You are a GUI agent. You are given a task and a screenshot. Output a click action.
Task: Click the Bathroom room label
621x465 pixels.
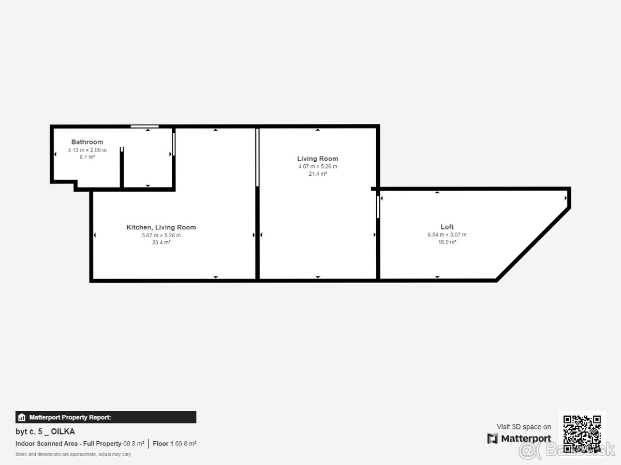(x=87, y=142)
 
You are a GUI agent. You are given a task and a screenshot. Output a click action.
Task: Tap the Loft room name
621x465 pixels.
(x=447, y=227)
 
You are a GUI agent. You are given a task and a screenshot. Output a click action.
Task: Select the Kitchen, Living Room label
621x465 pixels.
(x=161, y=227)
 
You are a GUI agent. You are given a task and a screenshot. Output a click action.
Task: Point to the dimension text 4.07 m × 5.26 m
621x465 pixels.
(x=318, y=166)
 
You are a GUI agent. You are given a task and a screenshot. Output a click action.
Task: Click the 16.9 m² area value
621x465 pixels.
(x=447, y=242)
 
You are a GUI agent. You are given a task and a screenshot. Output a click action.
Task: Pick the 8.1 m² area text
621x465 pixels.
(x=87, y=157)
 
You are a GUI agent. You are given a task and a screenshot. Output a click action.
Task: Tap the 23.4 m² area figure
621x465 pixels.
(x=161, y=242)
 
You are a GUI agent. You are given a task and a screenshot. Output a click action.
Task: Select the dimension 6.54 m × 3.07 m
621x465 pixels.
(x=447, y=235)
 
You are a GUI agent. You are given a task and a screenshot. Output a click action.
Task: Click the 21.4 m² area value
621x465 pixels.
(x=318, y=174)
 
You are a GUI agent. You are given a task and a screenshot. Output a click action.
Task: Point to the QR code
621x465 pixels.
(x=582, y=434)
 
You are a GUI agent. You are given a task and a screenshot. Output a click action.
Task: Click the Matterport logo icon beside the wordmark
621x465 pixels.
(x=493, y=439)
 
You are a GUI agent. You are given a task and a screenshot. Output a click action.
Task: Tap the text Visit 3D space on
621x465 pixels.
(x=524, y=427)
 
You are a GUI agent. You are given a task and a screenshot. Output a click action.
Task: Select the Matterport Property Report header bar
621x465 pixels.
(x=106, y=417)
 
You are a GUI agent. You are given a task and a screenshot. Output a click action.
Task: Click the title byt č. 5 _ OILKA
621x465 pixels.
(x=45, y=431)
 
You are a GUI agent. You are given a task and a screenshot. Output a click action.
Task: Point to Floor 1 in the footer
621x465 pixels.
(x=163, y=443)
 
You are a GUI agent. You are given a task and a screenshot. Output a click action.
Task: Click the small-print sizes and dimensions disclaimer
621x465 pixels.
(x=73, y=454)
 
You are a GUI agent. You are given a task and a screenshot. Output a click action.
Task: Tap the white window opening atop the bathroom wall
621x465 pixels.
(x=144, y=126)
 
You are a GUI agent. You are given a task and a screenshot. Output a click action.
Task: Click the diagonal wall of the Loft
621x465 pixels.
(x=534, y=244)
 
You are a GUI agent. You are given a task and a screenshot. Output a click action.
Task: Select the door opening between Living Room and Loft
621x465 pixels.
(x=378, y=207)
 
